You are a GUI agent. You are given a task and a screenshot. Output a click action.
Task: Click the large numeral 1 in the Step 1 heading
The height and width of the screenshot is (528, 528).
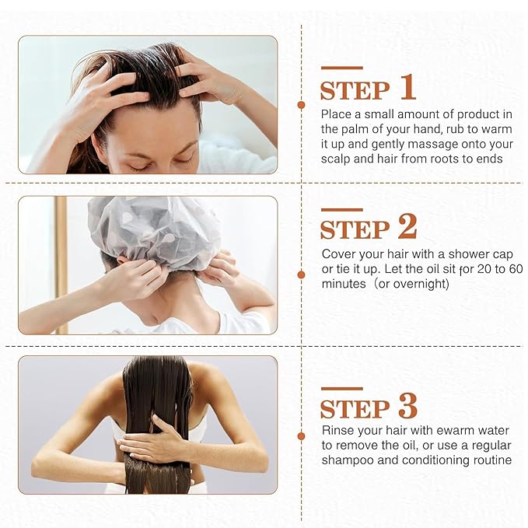[x=407, y=89]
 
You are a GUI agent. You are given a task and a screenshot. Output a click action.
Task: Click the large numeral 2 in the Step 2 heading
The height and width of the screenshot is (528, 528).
[x=407, y=227]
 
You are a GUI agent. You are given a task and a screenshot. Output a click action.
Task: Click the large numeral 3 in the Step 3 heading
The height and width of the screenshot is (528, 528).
[x=407, y=406]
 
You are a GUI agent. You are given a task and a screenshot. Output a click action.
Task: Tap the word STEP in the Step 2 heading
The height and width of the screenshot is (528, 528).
[x=354, y=230]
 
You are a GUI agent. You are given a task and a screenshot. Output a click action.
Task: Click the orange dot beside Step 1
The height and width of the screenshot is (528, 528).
[x=301, y=104]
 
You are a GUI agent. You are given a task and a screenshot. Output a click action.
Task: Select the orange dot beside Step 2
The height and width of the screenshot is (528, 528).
[x=301, y=274]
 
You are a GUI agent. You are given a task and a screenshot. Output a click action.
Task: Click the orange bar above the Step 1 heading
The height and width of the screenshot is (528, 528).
[x=341, y=68]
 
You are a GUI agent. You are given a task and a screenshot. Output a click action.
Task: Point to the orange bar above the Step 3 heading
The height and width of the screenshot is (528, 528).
[x=341, y=388]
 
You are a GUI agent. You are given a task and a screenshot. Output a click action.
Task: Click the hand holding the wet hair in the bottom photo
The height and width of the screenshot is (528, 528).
[x=156, y=444]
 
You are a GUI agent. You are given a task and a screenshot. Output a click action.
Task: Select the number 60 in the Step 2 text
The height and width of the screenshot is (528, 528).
[x=514, y=269]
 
